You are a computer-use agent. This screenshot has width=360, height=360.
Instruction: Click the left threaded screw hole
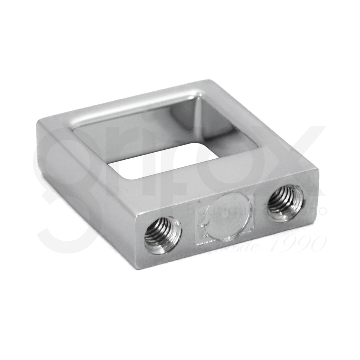(163, 235)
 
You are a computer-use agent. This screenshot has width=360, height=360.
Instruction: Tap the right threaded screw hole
(285, 203)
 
